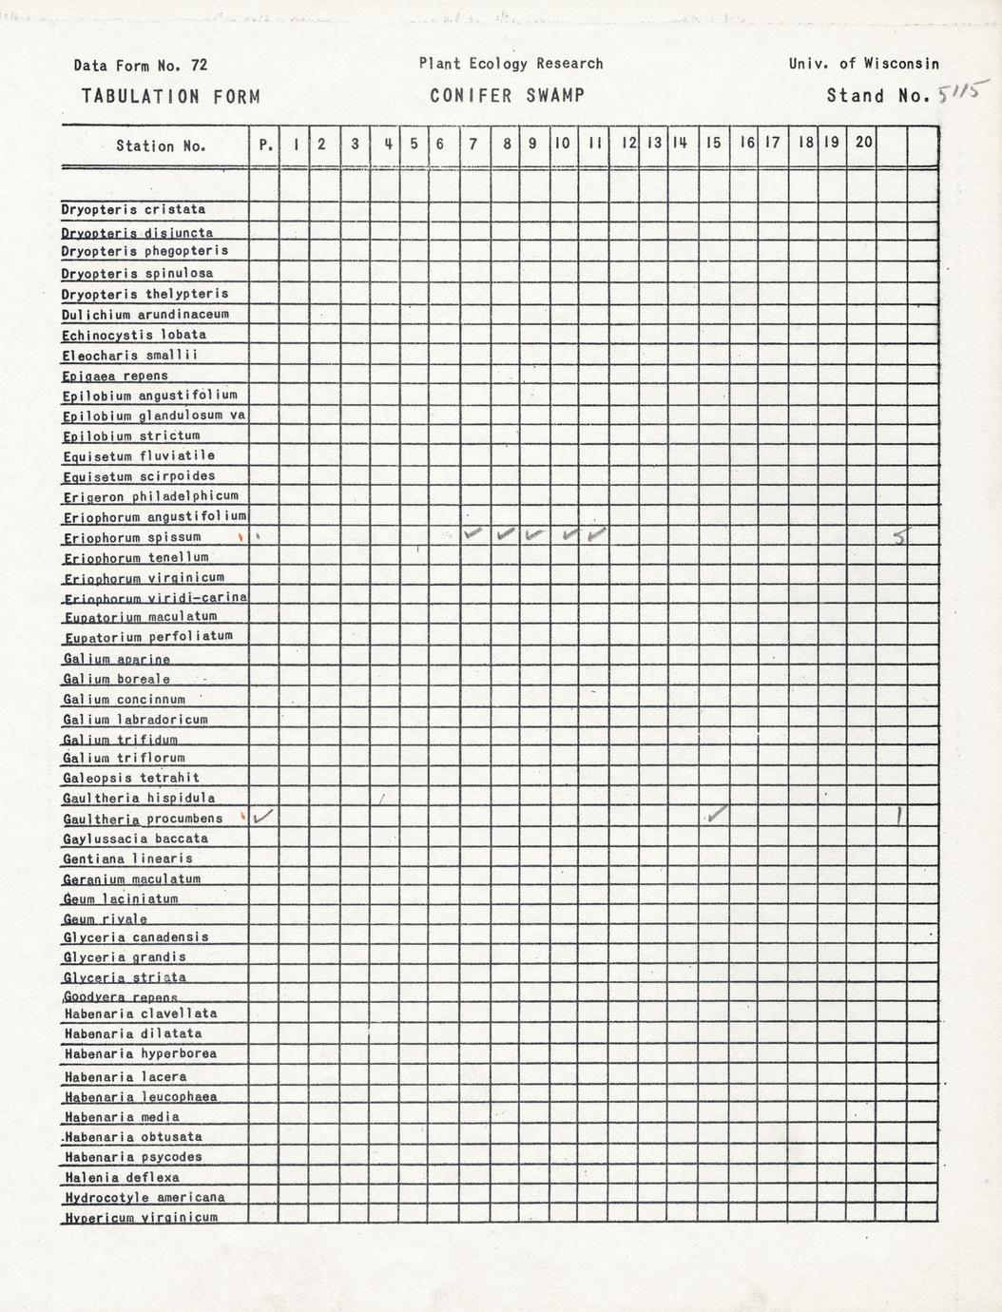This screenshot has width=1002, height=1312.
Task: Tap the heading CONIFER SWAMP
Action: pyautogui.click(x=507, y=96)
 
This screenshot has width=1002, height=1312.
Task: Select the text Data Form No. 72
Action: pyautogui.click(x=140, y=66)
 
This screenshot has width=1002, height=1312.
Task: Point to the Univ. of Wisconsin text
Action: pyautogui.click(x=863, y=64)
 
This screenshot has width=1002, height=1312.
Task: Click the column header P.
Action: pyautogui.click(x=265, y=145)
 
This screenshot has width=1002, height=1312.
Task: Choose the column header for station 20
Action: pyautogui.click(x=863, y=143)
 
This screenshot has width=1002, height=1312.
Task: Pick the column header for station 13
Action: pyautogui.click(x=654, y=144)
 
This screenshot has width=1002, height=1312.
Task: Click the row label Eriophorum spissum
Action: pyautogui.click(x=132, y=538)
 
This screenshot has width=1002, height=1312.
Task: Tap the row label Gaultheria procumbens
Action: pyautogui.click(x=143, y=819)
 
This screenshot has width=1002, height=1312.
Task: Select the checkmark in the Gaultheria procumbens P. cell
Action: pyautogui.click(x=264, y=815)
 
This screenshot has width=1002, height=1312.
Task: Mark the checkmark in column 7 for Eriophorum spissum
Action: pyautogui.click(x=473, y=534)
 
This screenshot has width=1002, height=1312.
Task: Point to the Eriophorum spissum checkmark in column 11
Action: pyautogui.click(x=596, y=535)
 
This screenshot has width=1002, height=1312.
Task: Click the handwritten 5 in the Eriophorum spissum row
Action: pyautogui.click(x=900, y=538)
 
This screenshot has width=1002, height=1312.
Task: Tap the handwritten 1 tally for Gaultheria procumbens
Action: pyautogui.click(x=899, y=816)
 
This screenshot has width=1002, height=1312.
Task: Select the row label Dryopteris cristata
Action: pyautogui.click(x=133, y=209)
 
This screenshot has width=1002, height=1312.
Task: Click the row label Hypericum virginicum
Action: pyautogui.click(x=141, y=1217)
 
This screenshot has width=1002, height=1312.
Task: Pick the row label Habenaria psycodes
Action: pyautogui.click(x=133, y=1157)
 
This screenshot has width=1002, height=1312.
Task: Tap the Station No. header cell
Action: pyautogui.click(x=159, y=146)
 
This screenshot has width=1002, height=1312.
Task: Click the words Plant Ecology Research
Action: pyautogui.click(x=511, y=64)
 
